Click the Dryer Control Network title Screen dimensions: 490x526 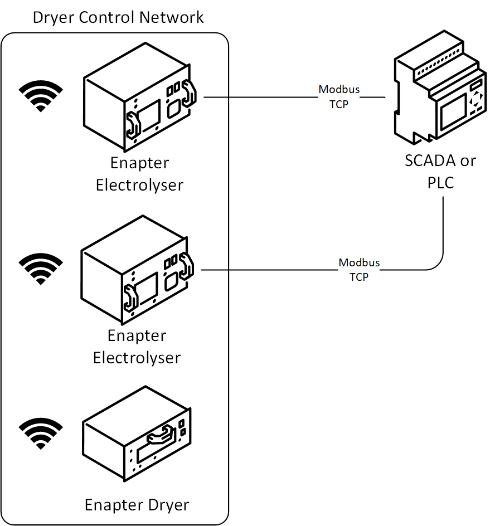pos(118,17)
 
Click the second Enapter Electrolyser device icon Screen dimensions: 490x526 pos(137,276)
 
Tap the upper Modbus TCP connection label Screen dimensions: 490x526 pos(339,96)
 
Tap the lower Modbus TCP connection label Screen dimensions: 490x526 pos(359,270)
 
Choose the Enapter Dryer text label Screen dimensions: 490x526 pos(137,505)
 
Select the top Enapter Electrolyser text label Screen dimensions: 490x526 pos(139,174)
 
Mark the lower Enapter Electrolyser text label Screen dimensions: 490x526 pos(137,347)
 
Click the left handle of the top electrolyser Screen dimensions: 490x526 pos(133,124)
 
